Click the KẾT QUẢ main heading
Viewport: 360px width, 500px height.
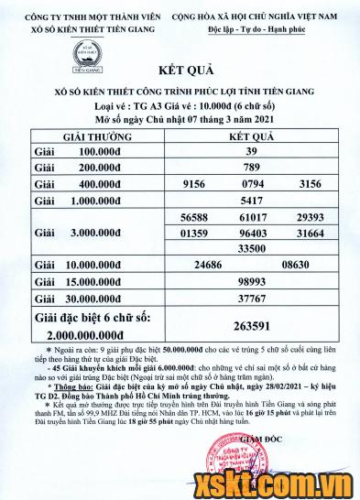[x=179, y=95]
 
